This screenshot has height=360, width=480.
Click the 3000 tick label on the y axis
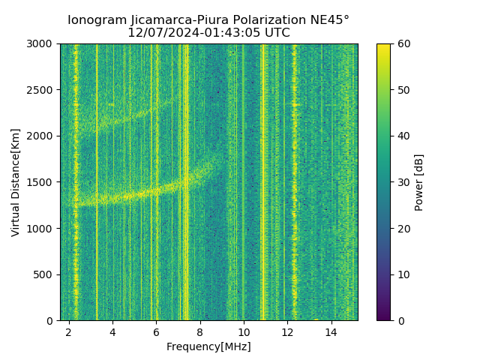42,44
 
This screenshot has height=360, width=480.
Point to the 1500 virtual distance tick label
42,182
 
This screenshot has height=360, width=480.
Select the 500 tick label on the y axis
45,274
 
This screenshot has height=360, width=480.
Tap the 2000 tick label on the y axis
42,136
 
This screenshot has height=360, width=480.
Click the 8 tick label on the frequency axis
200,331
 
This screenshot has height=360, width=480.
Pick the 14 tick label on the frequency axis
331,331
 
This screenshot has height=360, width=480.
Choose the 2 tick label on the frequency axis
69,331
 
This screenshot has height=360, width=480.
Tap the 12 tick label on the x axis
287,331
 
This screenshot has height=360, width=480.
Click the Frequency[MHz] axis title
208,346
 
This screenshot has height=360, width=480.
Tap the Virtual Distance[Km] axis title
16,182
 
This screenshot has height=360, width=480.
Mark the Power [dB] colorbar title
419,182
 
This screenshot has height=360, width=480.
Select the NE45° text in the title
328,20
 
